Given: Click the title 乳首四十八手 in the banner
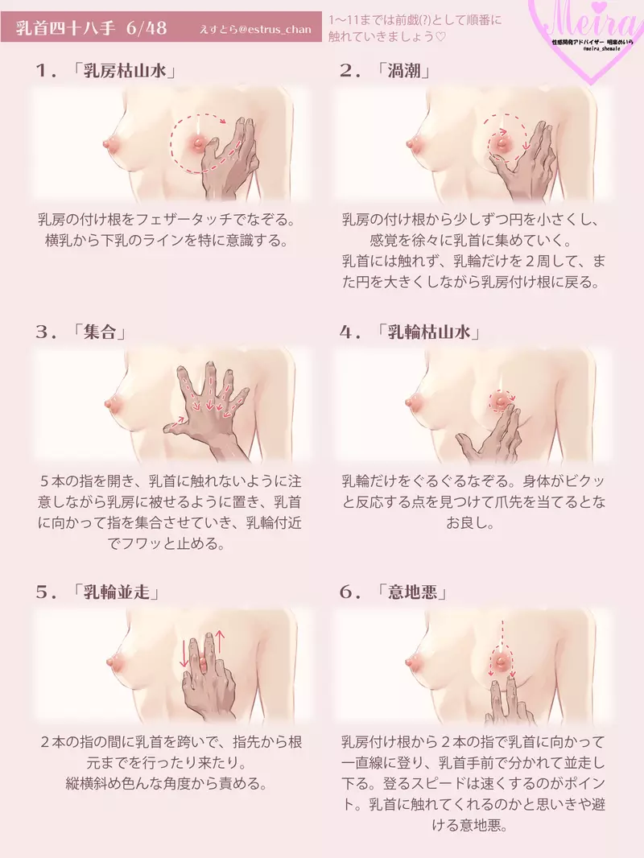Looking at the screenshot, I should (x=66, y=27).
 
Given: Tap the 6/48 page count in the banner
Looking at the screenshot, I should (x=147, y=27).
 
